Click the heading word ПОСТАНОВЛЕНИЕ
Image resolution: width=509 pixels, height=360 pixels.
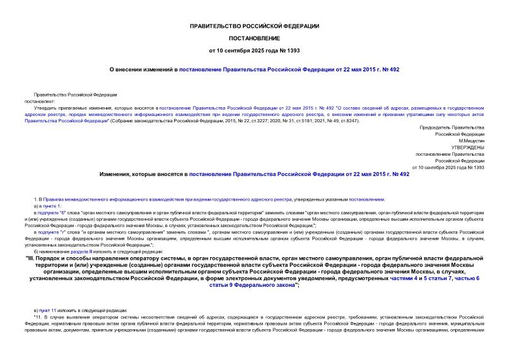(x=254, y=38)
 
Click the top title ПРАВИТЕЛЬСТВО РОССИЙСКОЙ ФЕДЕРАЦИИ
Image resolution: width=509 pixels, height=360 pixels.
(x=254, y=26)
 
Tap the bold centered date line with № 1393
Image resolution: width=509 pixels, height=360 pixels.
(x=254, y=50)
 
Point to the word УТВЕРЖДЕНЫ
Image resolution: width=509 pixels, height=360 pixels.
(x=467, y=147)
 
